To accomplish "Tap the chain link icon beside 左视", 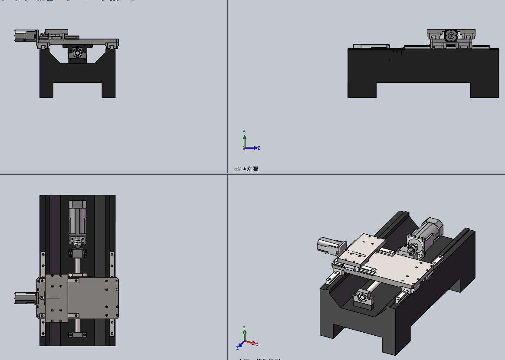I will point(238,169).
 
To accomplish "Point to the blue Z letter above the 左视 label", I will point(259,148).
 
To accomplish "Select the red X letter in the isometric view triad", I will point(257,344).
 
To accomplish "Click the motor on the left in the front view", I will point(25,36).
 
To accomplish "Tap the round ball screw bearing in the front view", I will point(77,53).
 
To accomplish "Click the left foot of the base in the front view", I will point(46,90).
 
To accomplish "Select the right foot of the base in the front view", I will point(108,90).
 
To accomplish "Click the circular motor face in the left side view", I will point(451,35).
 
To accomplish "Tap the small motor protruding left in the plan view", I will point(25,298).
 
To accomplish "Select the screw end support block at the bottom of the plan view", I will point(78,334).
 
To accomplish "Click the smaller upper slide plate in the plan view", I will point(52,298).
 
